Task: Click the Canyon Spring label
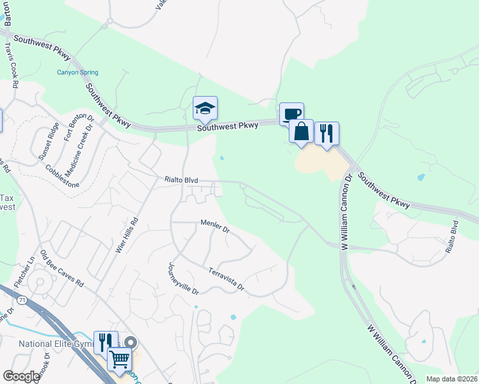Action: [x=77, y=72]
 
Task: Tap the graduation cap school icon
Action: [x=206, y=108]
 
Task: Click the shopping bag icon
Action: [x=301, y=131]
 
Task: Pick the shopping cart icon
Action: [x=119, y=359]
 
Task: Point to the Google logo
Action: [x=21, y=376]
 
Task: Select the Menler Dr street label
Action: [x=215, y=227]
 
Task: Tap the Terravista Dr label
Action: [x=226, y=279]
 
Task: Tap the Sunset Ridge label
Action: [x=49, y=141]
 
